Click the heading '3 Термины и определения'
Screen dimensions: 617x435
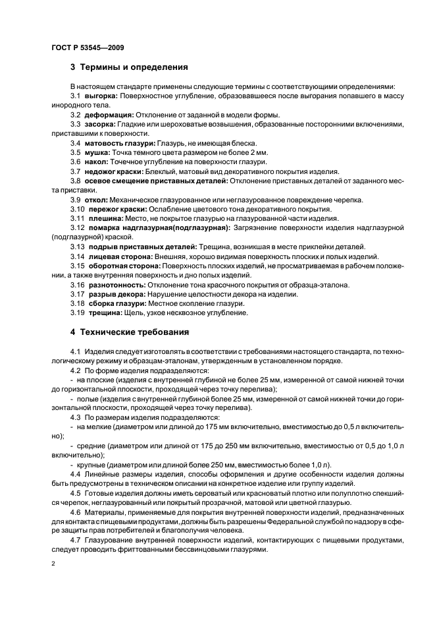click(x=129, y=67)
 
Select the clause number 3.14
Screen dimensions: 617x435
click(x=77, y=256)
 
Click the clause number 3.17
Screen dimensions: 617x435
click(x=77, y=294)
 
